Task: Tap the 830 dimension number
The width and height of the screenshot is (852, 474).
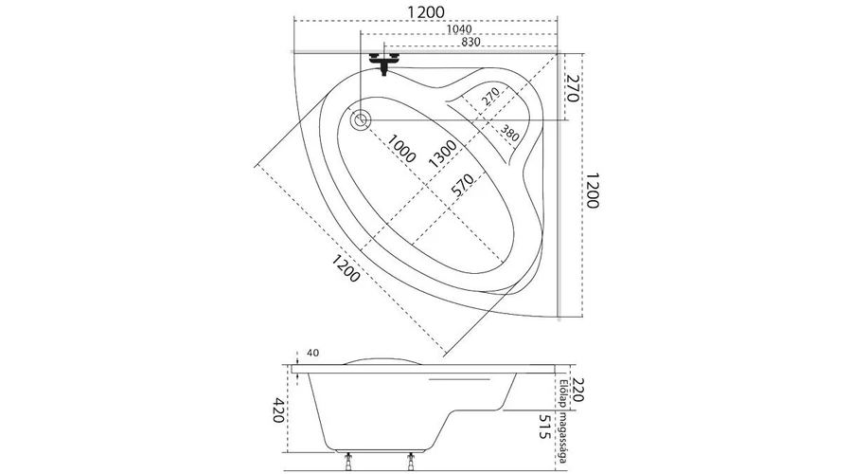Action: (470, 43)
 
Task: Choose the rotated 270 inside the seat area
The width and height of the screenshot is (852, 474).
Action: (488, 96)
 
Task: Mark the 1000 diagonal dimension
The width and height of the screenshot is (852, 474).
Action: (402, 147)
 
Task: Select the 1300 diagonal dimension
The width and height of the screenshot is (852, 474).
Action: (443, 154)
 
